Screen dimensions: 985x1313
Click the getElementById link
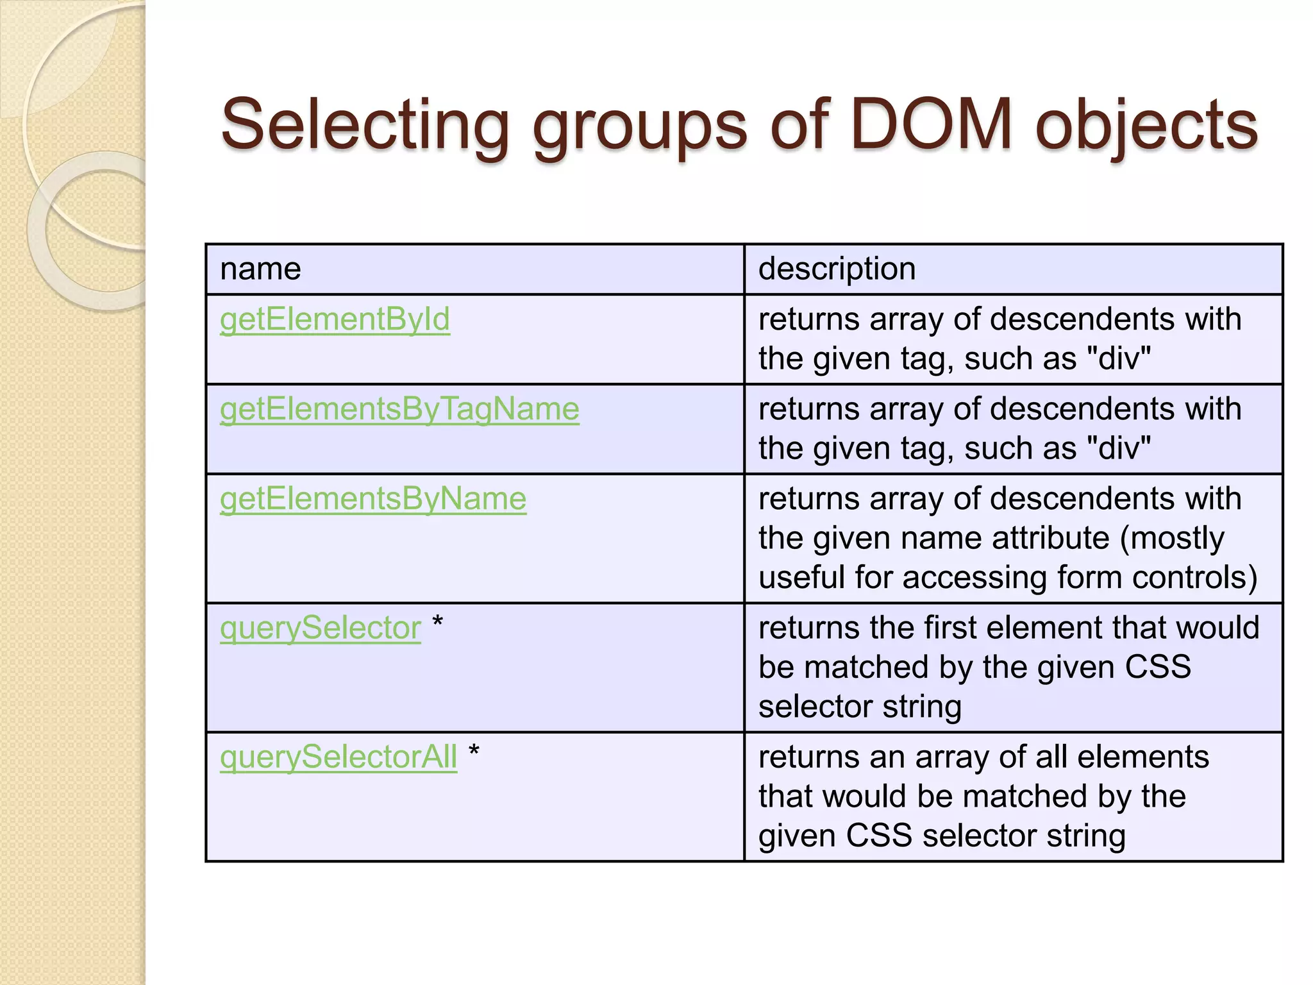pyautogui.click(x=335, y=319)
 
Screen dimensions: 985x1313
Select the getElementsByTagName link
pyautogui.click(x=399, y=409)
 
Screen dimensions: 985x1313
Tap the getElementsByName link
pyautogui.click(x=373, y=499)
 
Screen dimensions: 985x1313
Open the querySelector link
pyautogui.click(x=321, y=628)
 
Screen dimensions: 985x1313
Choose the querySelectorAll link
pyautogui.click(x=339, y=757)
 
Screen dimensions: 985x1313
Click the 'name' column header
pyautogui.click(x=260, y=269)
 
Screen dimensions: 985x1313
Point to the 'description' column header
pyautogui.click(x=837, y=269)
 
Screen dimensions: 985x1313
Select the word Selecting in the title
pyautogui.click(x=365, y=126)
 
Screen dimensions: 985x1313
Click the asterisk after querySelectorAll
pyautogui.click(x=474, y=751)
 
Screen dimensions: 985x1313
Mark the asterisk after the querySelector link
pyautogui.click(x=438, y=621)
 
